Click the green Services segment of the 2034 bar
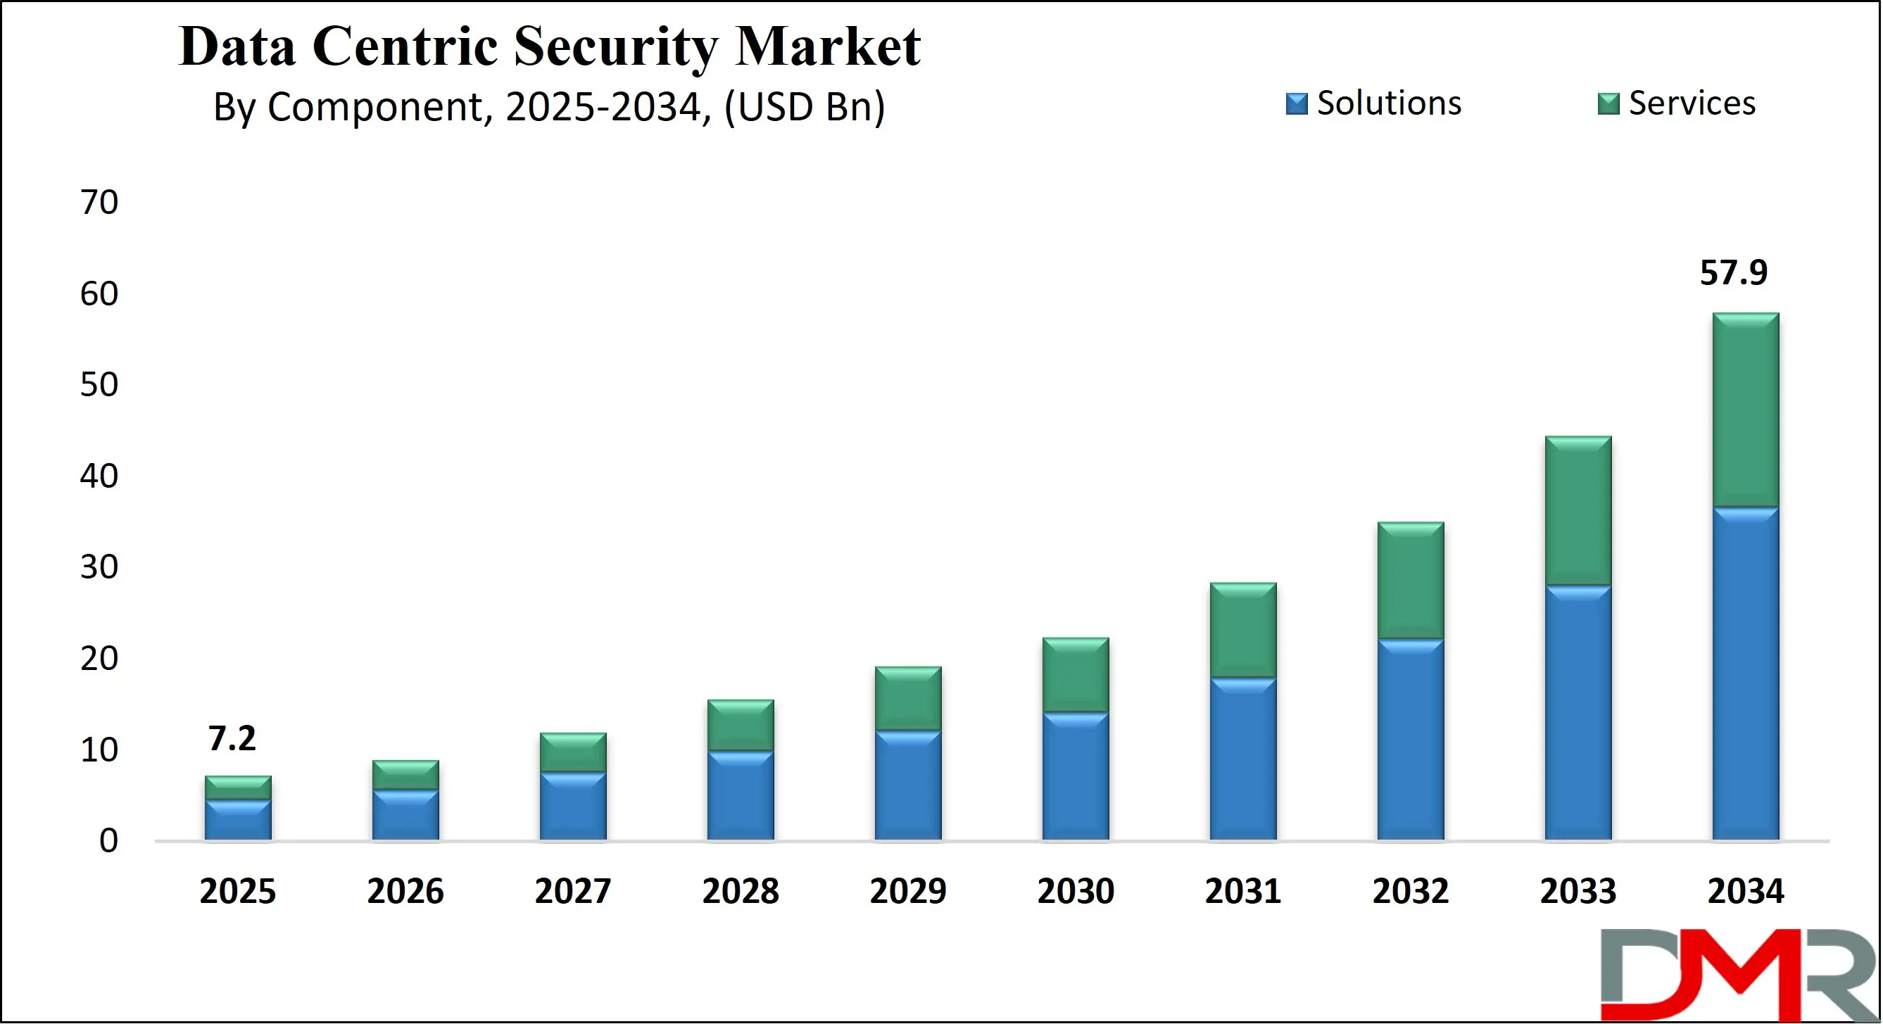pyautogui.click(x=1746, y=410)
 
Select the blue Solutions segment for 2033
pyautogui.click(x=1578, y=713)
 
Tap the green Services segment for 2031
pyautogui.click(x=1242, y=630)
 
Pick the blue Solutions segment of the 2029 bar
pyautogui.click(x=908, y=785)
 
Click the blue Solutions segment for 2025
pyautogui.click(x=237, y=819)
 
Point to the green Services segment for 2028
pyautogui.click(x=741, y=725)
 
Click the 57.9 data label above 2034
pyautogui.click(x=1733, y=273)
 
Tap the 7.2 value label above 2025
pyautogui.click(x=232, y=738)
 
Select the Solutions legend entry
pyautogui.click(x=1374, y=103)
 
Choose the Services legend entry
pyautogui.click(x=1677, y=103)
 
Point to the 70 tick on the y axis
pyautogui.click(x=99, y=203)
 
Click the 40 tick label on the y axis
pyautogui.click(x=99, y=476)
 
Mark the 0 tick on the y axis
pyautogui.click(x=109, y=840)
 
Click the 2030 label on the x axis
pyautogui.click(x=1076, y=891)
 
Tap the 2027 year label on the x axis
pyautogui.click(x=572, y=891)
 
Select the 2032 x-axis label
pyautogui.click(x=1410, y=891)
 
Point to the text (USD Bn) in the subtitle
pyautogui.click(x=804, y=108)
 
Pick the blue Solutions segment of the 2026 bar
pyautogui.click(x=405, y=814)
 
